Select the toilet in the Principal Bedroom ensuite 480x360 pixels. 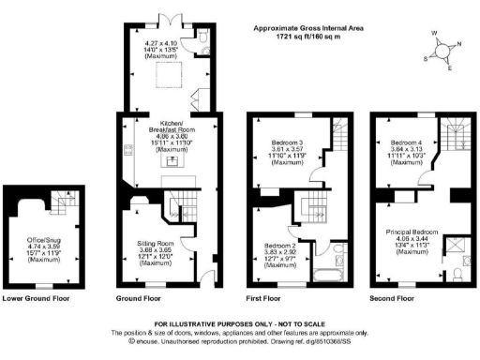click(456, 275)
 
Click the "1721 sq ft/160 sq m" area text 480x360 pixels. click(305, 36)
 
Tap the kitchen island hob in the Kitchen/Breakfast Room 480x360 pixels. click(171, 161)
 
